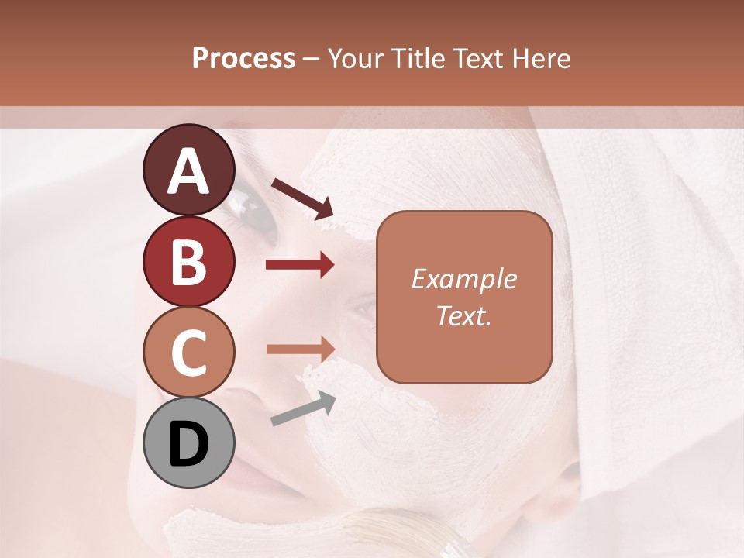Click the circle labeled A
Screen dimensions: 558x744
(x=188, y=170)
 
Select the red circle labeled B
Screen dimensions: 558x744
(x=188, y=261)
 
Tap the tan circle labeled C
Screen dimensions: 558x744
(x=188, y=353)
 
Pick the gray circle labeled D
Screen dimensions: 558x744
(x=188, y=443)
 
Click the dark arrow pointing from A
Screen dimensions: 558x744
(x=302, y=198)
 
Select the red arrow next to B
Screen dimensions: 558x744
(x=300, y=265)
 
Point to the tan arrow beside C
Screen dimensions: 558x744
(x=300, y=348)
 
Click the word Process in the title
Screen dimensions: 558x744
(x=243, y=58)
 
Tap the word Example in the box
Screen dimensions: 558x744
(x=463, y=279)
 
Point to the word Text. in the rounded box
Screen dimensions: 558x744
(x=463, y=315)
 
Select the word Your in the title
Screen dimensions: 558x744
(x=356, y=58)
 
